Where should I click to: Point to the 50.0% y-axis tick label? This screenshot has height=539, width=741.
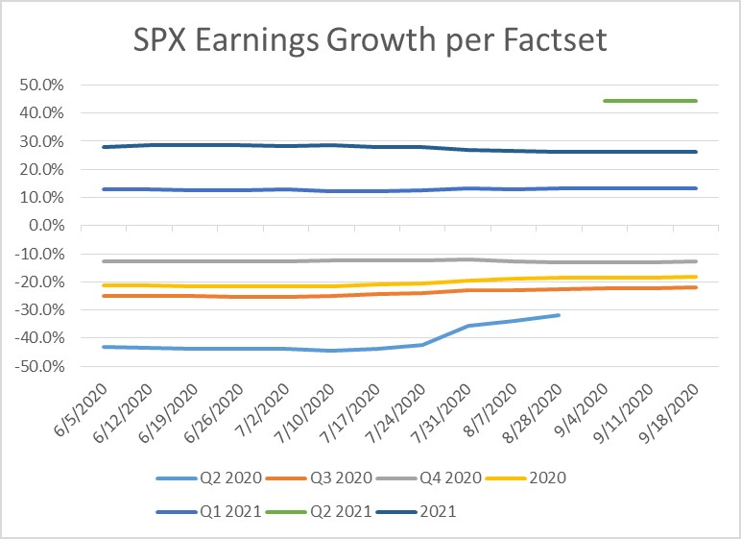pos(42,85)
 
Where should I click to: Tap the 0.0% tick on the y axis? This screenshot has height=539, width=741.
pos(47,226)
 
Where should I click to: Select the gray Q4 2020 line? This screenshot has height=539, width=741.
pos(288,260)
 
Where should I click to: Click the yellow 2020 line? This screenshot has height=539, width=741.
pos(288,286)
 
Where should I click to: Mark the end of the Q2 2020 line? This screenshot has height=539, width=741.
pos(559,315)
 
